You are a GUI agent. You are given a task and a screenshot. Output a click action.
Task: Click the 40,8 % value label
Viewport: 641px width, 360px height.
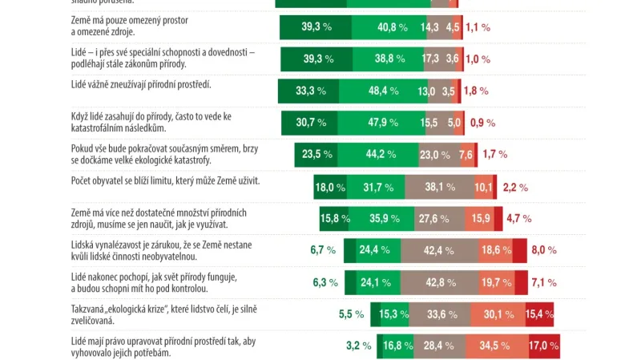[x=393, y=27]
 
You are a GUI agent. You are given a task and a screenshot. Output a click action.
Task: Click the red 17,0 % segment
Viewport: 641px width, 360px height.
[x=543, y=346]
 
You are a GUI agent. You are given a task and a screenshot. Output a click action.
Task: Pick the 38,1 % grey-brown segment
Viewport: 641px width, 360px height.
[x=439, y=187]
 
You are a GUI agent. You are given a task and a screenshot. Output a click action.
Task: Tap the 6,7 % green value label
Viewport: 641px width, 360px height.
[x=323, y=250]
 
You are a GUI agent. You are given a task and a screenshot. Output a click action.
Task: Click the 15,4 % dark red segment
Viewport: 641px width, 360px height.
[x=539, y=314]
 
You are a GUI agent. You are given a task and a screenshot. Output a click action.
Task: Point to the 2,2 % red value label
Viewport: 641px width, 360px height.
[x=514, y=187]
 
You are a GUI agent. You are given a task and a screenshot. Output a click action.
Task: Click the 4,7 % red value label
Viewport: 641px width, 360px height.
[x=519, y=218]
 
